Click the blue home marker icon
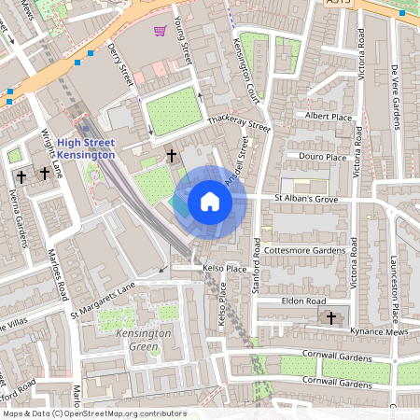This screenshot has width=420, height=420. [210, 202]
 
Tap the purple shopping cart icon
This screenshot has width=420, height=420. [160, 31]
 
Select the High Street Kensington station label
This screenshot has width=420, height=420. [85, 148]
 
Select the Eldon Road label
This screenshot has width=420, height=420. [303, 301]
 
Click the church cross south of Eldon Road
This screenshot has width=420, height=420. [330, 318]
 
